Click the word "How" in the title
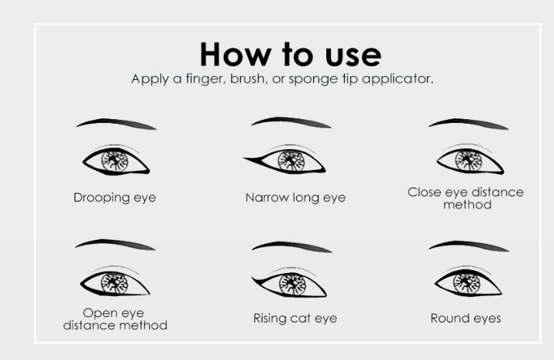click(235, 55)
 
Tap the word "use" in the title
click(353, 56)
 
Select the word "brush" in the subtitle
click(247, 78)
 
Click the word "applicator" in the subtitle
click(398, 78)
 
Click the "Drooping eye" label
click(115, 198)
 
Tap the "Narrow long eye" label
click(295, 198)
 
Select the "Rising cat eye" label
click(295, 318)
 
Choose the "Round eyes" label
click(466, 318)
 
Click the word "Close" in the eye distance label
click(424, 192)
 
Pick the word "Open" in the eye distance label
click(97, 314)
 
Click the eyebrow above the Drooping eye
click(117, 122)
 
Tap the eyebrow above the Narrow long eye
click(292, 122)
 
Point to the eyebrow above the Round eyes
click(469, 245)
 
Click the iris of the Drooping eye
click(115, 161)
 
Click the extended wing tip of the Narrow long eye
click(244, 158)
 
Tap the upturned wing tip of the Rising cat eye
click(252, 277)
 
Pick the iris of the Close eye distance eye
click(469, 161)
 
